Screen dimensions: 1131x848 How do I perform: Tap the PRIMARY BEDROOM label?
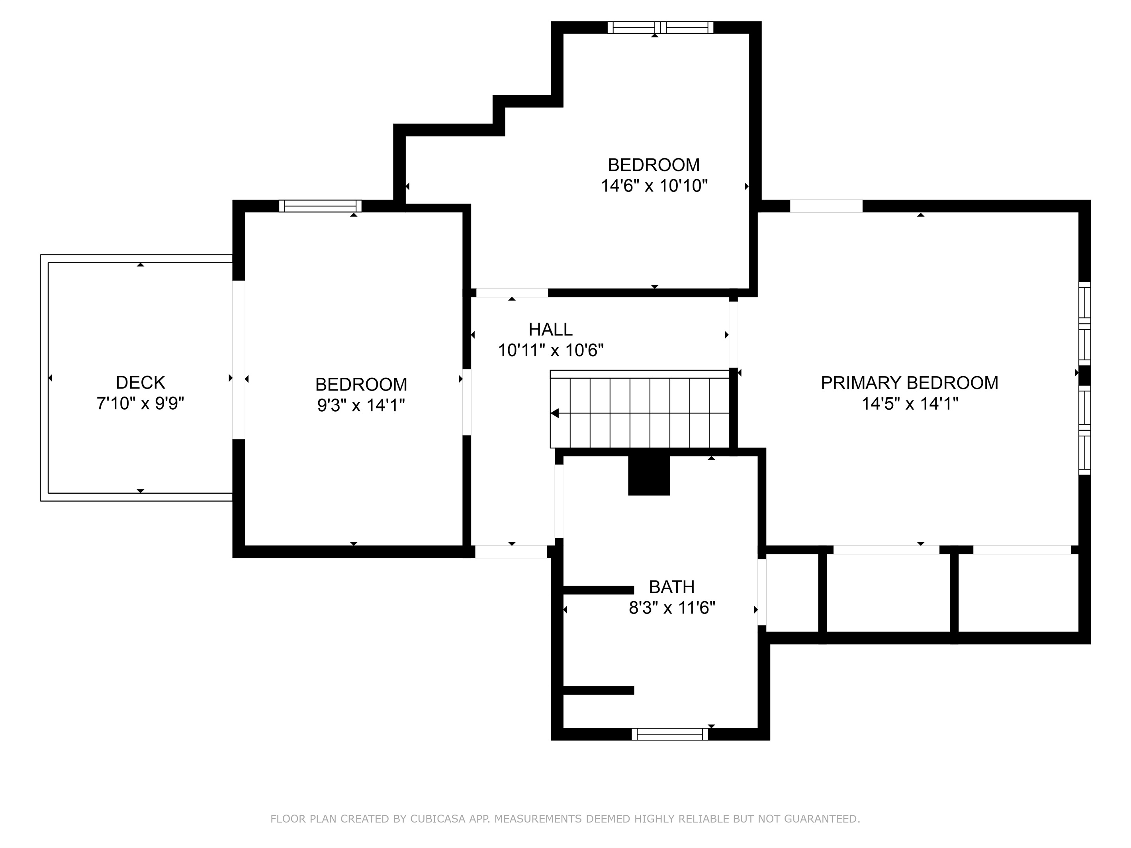pos(910,383)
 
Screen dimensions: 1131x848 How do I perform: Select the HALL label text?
pos(551,329)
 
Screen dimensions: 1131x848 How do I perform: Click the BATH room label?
pos(672,587)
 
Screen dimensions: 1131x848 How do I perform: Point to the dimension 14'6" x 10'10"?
pos(654,186)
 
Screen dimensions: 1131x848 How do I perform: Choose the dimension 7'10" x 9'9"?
pos(140,403)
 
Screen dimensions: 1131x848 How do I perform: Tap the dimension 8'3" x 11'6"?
pos(672,608)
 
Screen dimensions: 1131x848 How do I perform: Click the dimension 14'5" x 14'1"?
pos(910,404)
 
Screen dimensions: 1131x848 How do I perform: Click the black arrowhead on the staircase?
pos(554,413)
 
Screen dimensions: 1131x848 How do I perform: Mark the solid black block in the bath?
pos(649,475)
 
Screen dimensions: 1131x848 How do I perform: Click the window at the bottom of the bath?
pos(670,734)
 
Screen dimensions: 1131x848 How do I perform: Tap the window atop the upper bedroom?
pos(660,27)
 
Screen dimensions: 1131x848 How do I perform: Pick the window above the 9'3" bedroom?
pos(320,206)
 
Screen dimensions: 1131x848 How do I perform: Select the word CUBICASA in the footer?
pos(438,819)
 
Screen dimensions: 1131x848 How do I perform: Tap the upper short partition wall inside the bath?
pos(598,590)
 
